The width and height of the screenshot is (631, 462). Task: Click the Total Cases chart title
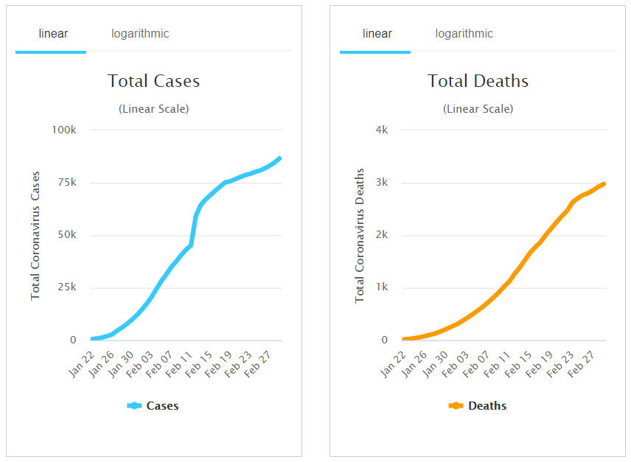click(153, 81)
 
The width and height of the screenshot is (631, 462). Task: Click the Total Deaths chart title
click(478, 81)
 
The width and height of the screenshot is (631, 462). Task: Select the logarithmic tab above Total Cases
click(140, 34)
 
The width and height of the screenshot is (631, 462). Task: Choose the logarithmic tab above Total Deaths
click(464, 34)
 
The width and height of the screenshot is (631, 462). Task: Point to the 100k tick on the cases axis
click(63, 130)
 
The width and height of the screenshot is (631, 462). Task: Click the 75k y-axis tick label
click(66, 183)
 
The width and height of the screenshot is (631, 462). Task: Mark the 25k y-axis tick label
click(66, 288)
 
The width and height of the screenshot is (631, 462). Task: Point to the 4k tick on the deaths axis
click(382, 130)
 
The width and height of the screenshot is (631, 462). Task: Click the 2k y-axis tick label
click(382, 236)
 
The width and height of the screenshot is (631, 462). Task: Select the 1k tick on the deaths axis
click(382, 288)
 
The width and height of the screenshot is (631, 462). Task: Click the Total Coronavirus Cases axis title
click(35, 236)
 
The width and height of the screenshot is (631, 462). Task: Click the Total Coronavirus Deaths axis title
click(360, 236)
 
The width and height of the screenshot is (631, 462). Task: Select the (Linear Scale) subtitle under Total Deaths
click(478, 109)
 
